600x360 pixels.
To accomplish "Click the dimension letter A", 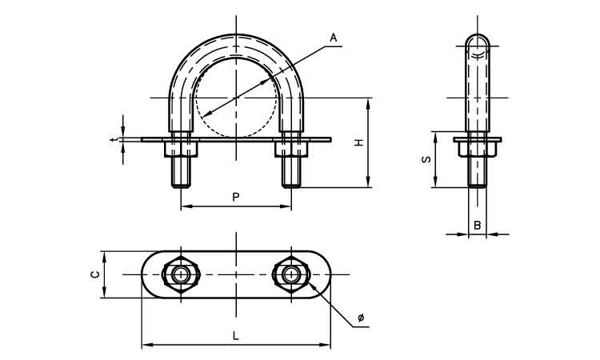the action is [334, 38].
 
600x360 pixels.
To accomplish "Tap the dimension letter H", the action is [358, 142].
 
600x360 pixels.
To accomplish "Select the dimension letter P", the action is [236, 197].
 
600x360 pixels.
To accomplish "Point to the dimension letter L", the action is [236, 336].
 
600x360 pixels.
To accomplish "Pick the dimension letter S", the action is [426, 159].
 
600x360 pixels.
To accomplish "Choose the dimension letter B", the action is [477, 226].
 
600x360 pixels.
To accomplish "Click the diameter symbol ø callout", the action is [361, 318].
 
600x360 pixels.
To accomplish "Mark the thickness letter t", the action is [112, 140].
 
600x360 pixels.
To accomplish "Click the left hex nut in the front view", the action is [181, 150].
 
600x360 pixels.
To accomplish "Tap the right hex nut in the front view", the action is [291, 150].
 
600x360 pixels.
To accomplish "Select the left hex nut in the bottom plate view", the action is [181, 274].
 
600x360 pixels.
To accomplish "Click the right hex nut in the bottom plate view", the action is [291, 274].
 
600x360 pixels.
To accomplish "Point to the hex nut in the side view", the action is [478, 150].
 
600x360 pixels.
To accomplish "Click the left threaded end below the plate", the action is [181, 172].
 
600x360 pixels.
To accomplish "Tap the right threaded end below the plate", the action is [291, 172].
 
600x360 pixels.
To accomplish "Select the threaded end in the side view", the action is [478, 172].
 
